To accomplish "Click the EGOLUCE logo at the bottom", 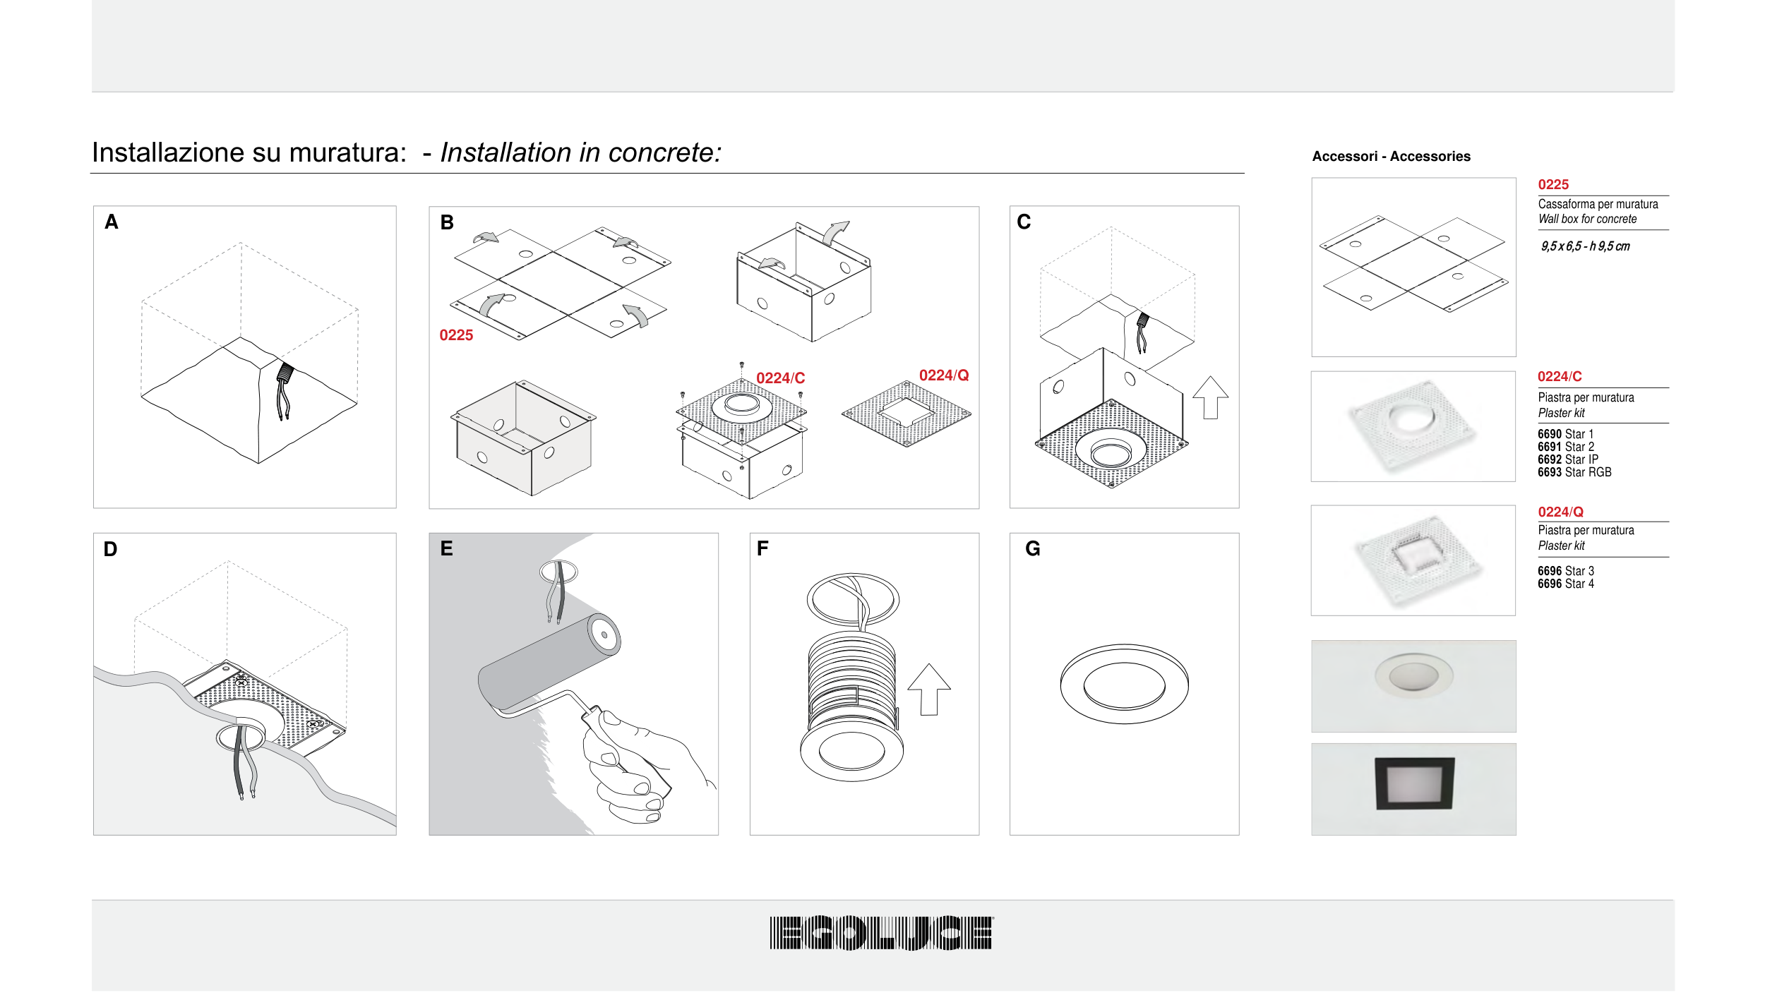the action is point(881,932).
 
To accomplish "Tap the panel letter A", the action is point(111,222).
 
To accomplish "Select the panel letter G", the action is point(1032,548).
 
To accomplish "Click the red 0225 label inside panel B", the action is point(456,335).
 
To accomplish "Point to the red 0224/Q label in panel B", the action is point(944,375).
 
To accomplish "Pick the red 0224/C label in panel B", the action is point(780,378).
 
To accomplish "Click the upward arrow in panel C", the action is point(1210,397).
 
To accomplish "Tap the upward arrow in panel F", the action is point(929,690).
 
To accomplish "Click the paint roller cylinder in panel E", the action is point(549,661).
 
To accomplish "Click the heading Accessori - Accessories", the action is point(1391,156).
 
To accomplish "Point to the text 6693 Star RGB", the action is point(1574,472).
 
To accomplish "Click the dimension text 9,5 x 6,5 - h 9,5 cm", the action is point(1585,246).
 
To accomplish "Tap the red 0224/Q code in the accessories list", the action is point(1560,512).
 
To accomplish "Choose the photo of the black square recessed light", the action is point(1413,789).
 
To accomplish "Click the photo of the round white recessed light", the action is point(1413,686).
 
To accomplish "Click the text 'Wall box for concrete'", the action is point(1587,219).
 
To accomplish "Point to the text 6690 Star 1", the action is point(1565,434).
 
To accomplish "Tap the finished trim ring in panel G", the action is point(1124,717).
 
